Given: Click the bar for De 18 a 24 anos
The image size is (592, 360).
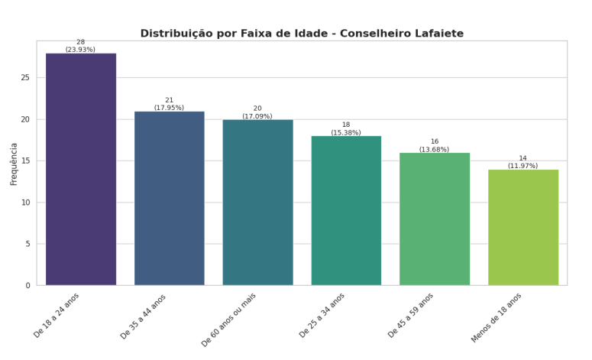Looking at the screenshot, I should tap(81, 169).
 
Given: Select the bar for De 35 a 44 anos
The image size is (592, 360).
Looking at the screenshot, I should tap(170, 198).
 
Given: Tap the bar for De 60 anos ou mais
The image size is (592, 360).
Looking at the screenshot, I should tap(257, 203).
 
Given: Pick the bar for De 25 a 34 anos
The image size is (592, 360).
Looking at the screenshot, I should tap(346, 210).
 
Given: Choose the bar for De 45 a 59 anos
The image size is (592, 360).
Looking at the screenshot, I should tap(435, 219).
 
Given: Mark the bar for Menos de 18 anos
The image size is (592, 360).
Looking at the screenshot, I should tap(523, 227).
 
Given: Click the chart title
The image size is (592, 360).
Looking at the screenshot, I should tap(302, 34).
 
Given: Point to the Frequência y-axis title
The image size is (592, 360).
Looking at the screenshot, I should tap(14, 164).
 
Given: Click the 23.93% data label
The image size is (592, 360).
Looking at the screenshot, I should tap(80, 50).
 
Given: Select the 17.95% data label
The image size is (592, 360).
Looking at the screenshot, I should tap(169, 108).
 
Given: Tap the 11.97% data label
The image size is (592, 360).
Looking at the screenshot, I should tap(522, 166).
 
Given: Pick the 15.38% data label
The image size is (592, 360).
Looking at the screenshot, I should tap(346, 133).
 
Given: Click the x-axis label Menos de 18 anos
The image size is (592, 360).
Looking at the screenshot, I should tap(497, 317).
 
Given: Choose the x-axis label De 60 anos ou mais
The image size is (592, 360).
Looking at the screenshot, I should tap(229, 319).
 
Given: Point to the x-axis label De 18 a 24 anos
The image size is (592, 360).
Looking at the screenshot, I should tap(57, 315).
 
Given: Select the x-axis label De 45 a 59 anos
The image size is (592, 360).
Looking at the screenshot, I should tap(411, 315).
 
